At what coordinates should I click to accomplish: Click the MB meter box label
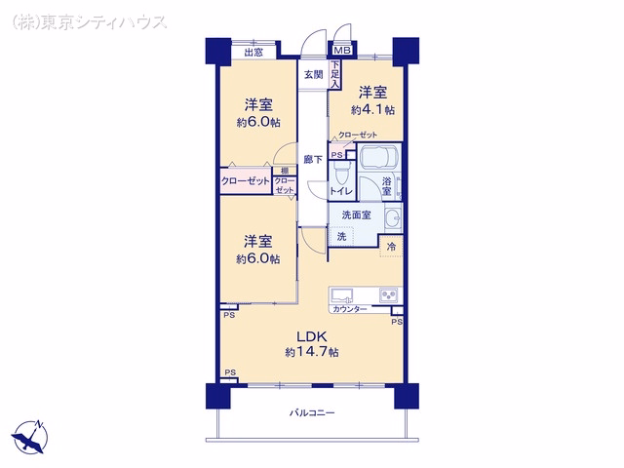click(342, 51)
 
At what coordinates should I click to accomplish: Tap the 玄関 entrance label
click(314, 74)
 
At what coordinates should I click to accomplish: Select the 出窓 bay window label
click(253, 52)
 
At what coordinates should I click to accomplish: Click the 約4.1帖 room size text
click(372, 110)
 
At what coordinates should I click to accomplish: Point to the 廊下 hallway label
click(313, 160)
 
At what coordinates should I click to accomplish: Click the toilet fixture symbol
click(340, 174)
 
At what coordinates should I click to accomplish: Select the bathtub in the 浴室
click(379, 158)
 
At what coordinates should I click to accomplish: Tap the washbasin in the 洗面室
click(393, 218)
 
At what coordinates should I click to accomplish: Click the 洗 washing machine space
click(341, 236)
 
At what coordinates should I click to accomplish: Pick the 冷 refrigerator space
click(391, 247)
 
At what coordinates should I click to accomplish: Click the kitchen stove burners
click(388, 294)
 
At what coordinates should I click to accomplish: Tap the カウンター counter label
click(349, 309)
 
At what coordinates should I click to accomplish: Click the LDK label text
click(312, 336)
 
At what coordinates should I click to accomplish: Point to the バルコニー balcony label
click(312, 412)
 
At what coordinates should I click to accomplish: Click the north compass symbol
click(30, 437)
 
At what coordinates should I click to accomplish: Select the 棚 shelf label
click(285, 171)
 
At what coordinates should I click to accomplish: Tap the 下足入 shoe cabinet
click(335, 74)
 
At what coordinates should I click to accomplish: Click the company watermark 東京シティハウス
click(89, 21)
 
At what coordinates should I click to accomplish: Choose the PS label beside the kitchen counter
click(397, 322)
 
